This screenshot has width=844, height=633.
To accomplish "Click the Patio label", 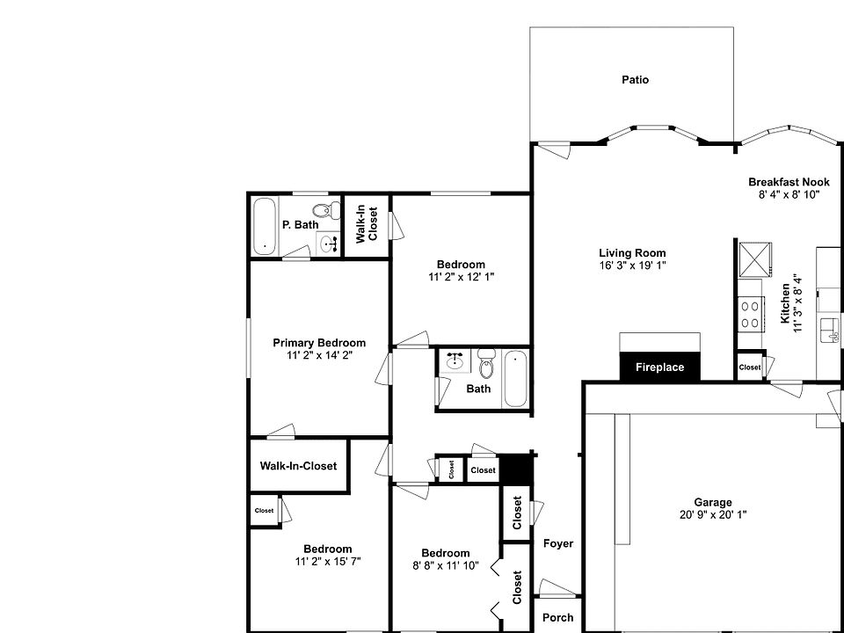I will (x=635, y=80).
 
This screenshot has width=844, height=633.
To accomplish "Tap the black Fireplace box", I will (x=659, y=367).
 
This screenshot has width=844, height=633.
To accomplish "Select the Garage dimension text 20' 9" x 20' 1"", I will (x=712, y=515).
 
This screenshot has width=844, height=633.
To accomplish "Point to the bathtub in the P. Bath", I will (x=264, y=226).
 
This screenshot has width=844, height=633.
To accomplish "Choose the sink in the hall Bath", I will (x=455, y=361).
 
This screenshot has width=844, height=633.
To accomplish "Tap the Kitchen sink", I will (x=828, y=330).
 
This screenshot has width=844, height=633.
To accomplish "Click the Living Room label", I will (x=632, y=253).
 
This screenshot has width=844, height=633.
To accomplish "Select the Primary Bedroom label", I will (x=319, y=343).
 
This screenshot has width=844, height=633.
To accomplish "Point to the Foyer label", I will (x=557, y=543).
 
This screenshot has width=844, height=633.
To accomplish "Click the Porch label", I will (x=557, y=618).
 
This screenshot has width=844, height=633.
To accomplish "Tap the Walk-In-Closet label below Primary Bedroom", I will (x=298, y=466).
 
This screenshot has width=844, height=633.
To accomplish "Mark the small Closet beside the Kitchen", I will (x=750, y=367).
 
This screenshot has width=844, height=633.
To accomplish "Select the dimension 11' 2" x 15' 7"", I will (x=328, y=561).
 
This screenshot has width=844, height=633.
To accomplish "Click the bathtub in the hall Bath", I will (x=515, y=378).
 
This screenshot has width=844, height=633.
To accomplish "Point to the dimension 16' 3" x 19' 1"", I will (x=632, y=266).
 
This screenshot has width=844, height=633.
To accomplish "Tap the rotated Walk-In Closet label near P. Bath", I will (x=366, y=225).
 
